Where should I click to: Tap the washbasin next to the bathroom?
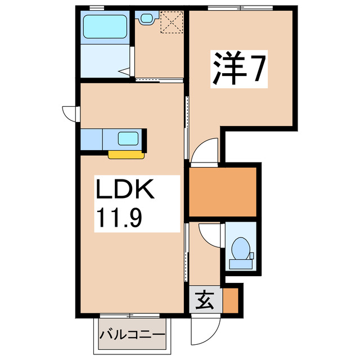point(147,19)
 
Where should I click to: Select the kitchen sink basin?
point(129,138)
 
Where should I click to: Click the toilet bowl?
point(241,248)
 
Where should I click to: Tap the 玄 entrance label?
point(205,301)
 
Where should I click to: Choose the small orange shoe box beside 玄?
point(231,301)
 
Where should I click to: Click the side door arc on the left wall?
point(69,113)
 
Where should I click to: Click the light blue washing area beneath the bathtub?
point(106,60)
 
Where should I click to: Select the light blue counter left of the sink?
point(92,139)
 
